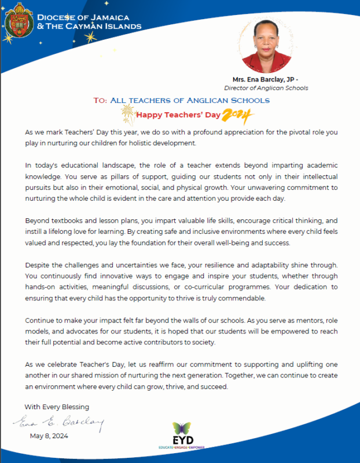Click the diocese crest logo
[18, 20]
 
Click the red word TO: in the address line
[100, 101]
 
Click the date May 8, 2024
[49, 436]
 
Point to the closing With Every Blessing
[57, 407]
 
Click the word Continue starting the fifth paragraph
[41, 320]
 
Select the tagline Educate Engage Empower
[181, 447]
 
